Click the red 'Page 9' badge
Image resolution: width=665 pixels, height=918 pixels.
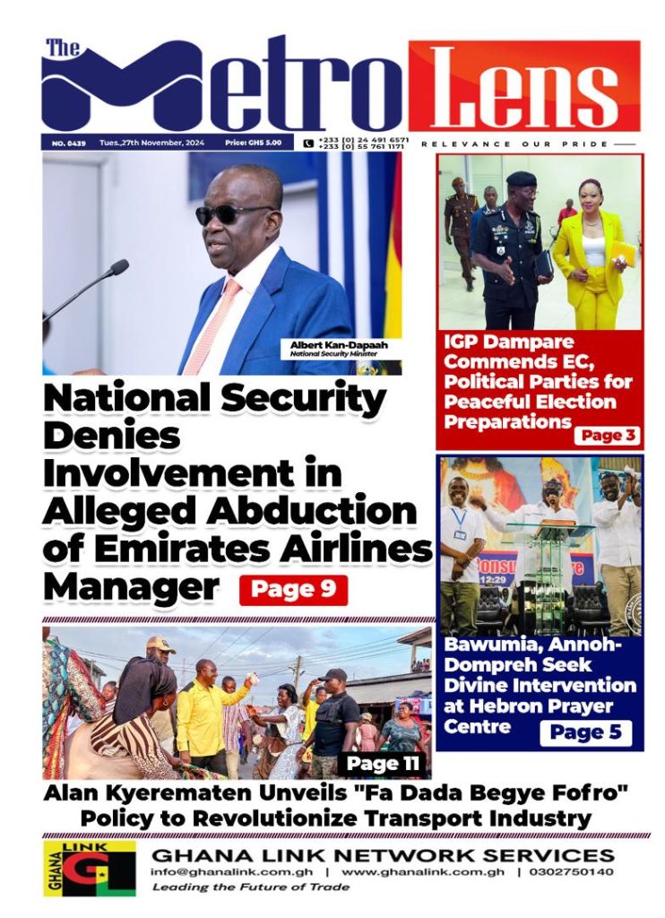click(292, 590)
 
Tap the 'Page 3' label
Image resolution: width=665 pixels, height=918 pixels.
click(608, 436)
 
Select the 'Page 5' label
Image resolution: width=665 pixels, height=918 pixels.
click(585, 732)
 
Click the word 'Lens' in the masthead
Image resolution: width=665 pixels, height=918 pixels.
click(524, 87)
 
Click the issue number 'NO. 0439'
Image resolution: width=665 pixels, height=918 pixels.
click(63, 143)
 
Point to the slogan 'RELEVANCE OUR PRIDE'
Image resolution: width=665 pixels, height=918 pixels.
click(515, 143)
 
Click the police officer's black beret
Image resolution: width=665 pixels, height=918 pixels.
click(521, 179)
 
